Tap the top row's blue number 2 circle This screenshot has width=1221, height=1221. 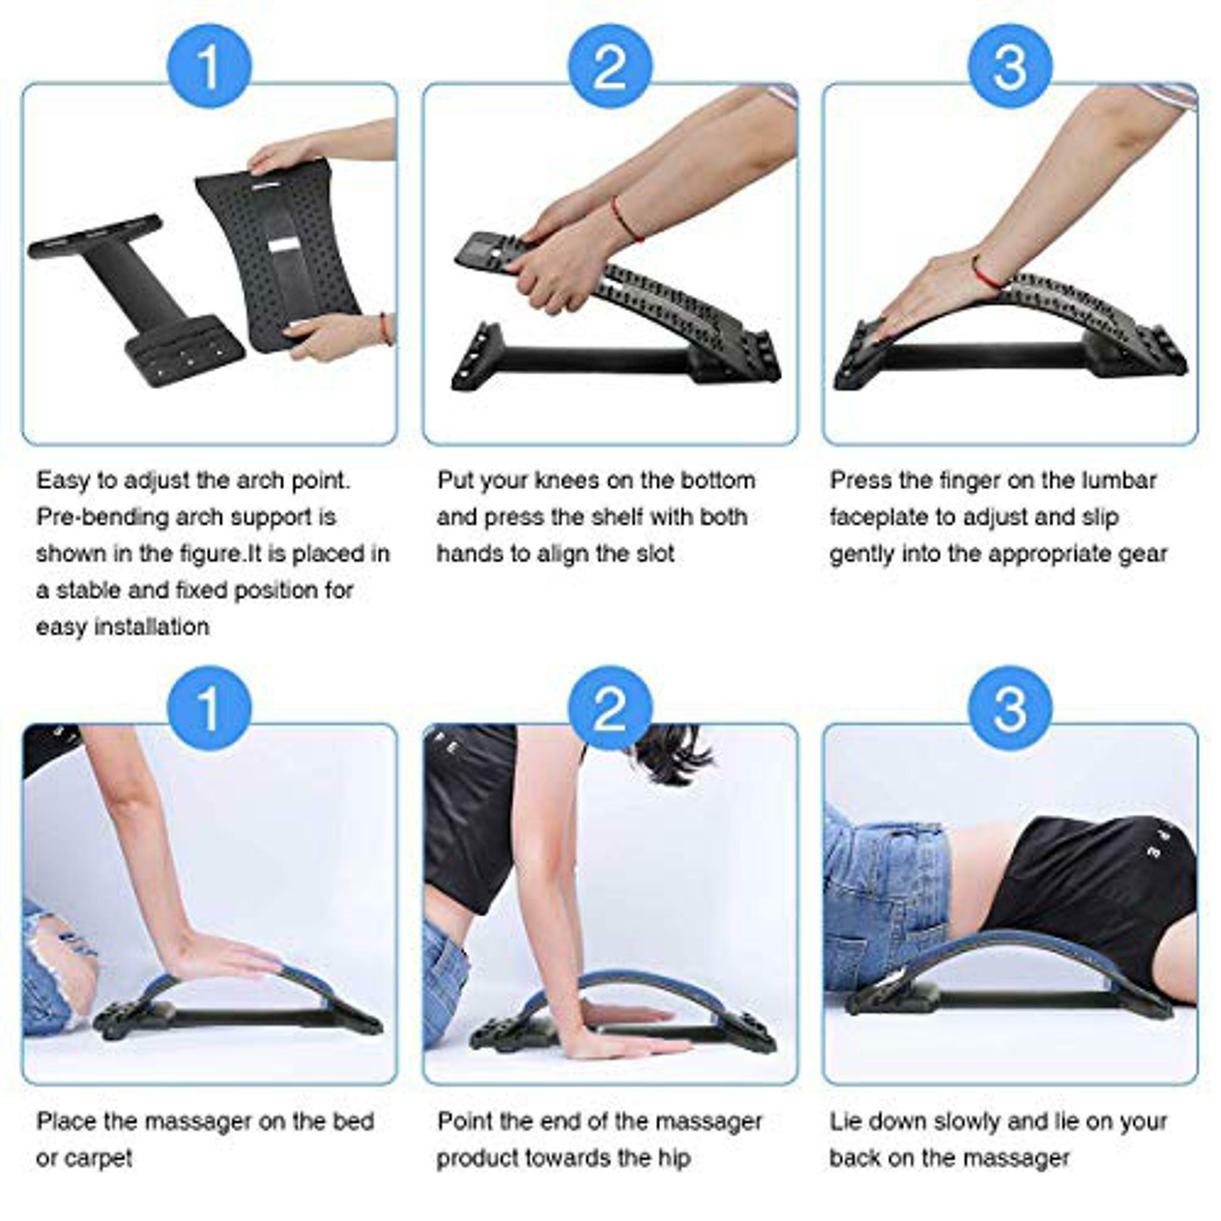pos(610,66)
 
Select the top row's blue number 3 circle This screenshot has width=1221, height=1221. pos(1010,66)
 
